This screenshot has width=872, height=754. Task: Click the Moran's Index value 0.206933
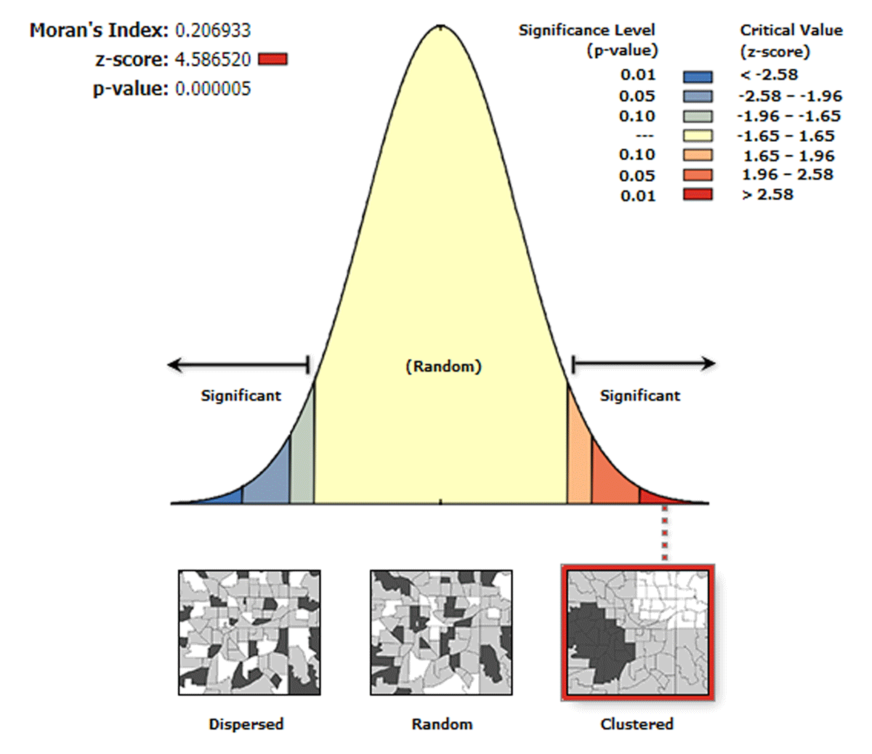click(x=213, y=31)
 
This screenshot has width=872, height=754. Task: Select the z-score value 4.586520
click(x=213, y=59)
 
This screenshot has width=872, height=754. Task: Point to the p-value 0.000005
click(x=213, y=89)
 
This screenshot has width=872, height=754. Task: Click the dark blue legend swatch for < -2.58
click(x=698, y=76)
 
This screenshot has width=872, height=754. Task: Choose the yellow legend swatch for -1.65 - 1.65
click(x=698, y=136)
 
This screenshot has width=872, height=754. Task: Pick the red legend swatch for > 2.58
click(x=698, y=195)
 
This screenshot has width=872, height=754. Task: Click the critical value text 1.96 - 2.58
click(x=787, y=175)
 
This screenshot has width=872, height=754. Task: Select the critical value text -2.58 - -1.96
click(x=789, y=96)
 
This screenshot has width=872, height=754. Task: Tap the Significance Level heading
click(x=587, y=31)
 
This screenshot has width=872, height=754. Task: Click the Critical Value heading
click(x=791, y=31)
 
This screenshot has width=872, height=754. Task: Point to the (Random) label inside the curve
click(x=443, y=366)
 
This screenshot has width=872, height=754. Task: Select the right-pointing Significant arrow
click(x=643, y=364)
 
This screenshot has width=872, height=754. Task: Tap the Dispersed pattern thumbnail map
click(x=249, y=632)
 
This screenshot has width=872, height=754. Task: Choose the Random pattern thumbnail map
click(x=441, y=632)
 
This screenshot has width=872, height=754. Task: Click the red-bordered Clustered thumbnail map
click(x=637, y=632)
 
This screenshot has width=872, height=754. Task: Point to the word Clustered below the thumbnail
click(x=637, y=724)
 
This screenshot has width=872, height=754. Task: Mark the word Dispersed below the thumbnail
click(x=246, y=724)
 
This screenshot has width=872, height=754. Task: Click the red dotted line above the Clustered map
click(x=663, y=534)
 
